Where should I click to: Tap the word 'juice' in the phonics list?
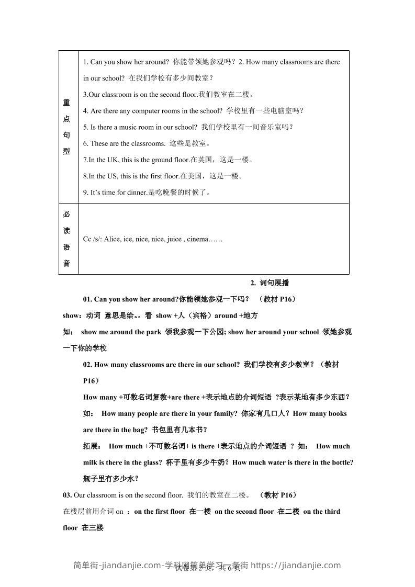174,240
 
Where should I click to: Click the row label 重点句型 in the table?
66,127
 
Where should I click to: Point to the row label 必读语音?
66,239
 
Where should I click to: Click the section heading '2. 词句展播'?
270,283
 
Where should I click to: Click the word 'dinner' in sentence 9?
138,193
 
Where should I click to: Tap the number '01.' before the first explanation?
88,299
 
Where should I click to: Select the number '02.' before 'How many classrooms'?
88,365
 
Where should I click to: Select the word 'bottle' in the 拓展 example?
342,462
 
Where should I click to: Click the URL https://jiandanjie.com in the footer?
296,565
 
